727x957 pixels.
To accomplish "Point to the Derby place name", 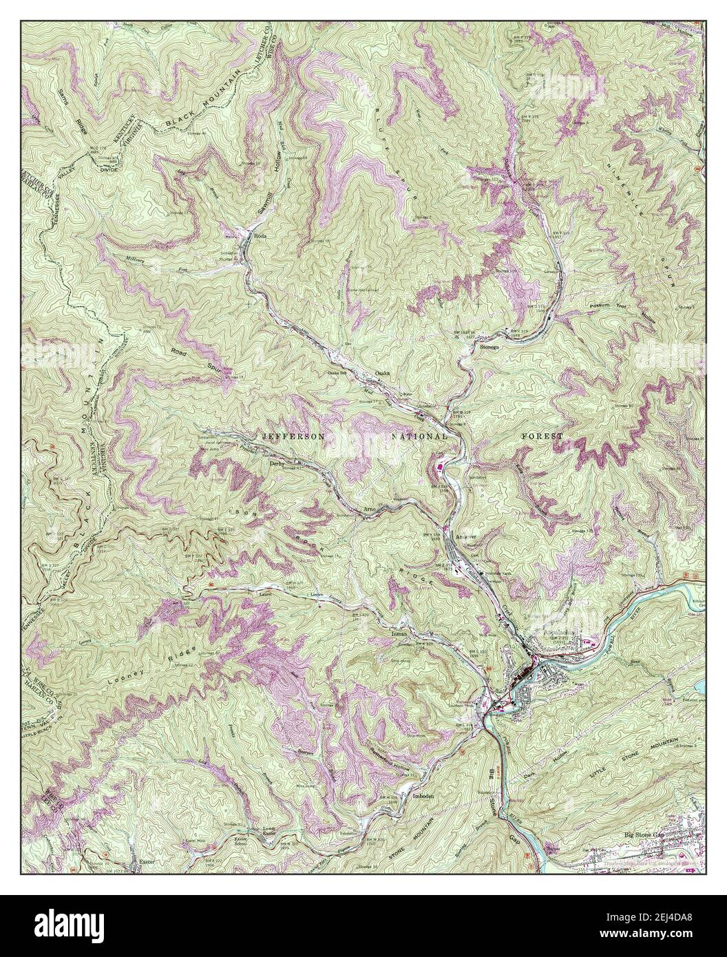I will pos(277,463).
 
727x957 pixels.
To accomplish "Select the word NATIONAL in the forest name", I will pos(420,437).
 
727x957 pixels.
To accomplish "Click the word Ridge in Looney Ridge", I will pos(185,655).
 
